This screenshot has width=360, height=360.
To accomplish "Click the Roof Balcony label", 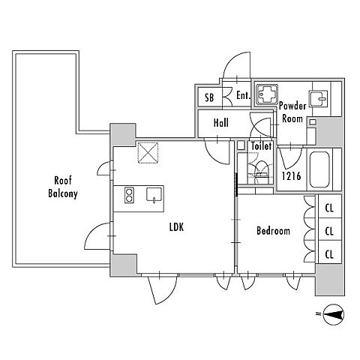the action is click(x=63, y=187).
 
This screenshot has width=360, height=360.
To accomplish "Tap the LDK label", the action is click(x=176, y=227).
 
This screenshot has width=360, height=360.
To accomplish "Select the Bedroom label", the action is click(x=273, y=230).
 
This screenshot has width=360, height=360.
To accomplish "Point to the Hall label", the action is click(x=221, y=123).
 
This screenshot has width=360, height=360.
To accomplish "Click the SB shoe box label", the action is click(x=209, y=97).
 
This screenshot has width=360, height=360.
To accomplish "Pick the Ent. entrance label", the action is click(x=243, y=95).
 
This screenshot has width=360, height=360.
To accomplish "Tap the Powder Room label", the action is click(x=292, y=112).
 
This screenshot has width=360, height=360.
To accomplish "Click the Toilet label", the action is click(x=261, y=146).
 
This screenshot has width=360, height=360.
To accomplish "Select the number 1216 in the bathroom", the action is click(x=291, y=176).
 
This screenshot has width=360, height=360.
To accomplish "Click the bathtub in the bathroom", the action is click(x=319, y=169).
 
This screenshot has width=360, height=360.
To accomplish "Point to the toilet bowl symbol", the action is click(x=261, y=172).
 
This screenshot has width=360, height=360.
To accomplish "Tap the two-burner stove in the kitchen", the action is click(x=129, y=195).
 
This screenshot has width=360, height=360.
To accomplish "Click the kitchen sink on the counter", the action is click(x=154, y=194).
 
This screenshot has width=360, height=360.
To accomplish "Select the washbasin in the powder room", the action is click(x=318, y=98).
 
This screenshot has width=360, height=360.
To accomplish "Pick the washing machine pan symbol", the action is click(x=266, y=94).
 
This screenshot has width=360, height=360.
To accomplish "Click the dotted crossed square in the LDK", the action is click(x=148, y=152).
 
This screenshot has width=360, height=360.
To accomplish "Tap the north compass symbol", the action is click(x=334, y=314).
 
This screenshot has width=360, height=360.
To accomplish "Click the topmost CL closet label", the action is click(x=329, y=208).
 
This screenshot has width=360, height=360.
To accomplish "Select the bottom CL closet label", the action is click(x=329, y=254).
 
